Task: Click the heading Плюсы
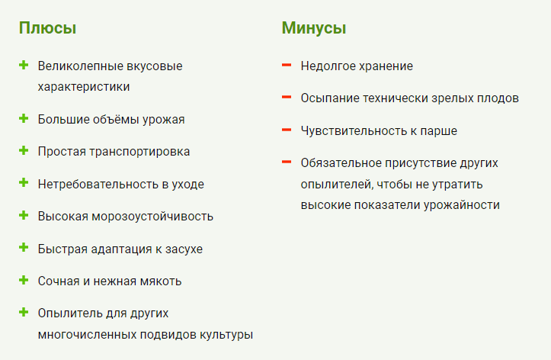pyautogui.click(x=47, y=28)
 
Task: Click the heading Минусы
pyautogui.click(x=314, y=28)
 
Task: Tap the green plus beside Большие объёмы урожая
pyautogui.click(x=24, y=118)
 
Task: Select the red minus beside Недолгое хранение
pyautogui.click(x=287, y=65)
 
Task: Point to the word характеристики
pyautogui.click(x=84, y=87)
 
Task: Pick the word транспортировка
pyautogui.click(x=139, y=152)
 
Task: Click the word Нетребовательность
pyautogui.click(x=98, y=184)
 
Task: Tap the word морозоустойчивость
pyautogui.click(x=152, y=216)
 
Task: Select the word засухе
pyautogui.click(x=184, y=249)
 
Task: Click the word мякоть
pyautogui.click(x=161, y=281)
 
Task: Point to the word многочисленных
pyautogui.click(x=87, y=334)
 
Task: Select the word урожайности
pyautogui.click(x=461, y=205)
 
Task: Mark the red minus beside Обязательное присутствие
pyautogui.click(x=287, y=162)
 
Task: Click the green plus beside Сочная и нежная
pyautogui.click(x=24, y=280)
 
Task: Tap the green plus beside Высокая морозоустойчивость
pyautogui.click(x=24, y=215)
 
